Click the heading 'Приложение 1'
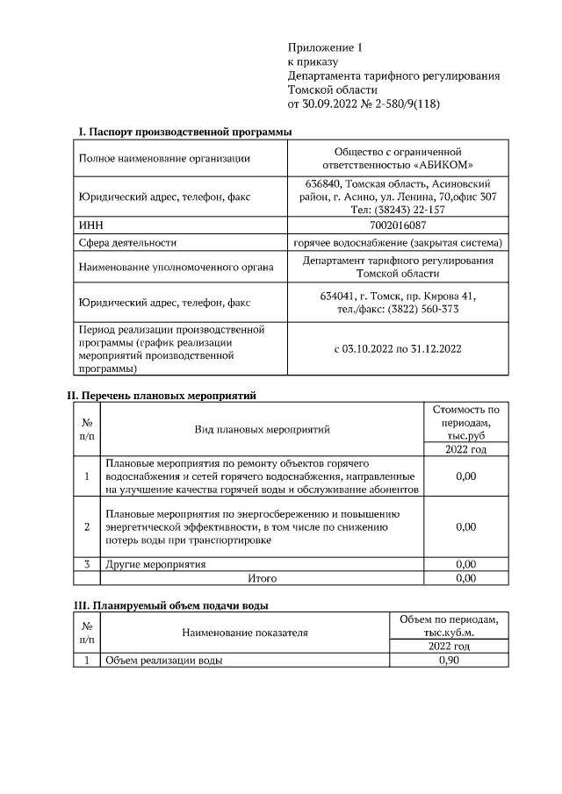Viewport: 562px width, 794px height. pos(325,47)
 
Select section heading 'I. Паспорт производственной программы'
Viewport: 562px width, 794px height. pos(184,132)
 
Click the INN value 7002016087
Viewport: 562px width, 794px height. pos(398,225)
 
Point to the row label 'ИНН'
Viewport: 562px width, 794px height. pos(90,225)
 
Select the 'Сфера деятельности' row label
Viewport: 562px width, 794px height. pos(128,243)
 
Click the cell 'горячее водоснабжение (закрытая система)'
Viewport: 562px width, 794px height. pos(398,243)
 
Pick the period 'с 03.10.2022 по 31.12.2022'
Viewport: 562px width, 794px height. pos(398,348)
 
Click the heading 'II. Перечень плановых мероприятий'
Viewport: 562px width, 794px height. pos(162,396)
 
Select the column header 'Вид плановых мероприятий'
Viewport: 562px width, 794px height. pos(262,430)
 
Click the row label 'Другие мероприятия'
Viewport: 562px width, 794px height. pos(155,564)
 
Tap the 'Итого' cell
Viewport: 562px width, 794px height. pos(262,578)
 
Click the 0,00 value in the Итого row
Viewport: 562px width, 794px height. pos(466,578)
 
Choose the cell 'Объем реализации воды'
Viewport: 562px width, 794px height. pos(163,661)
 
